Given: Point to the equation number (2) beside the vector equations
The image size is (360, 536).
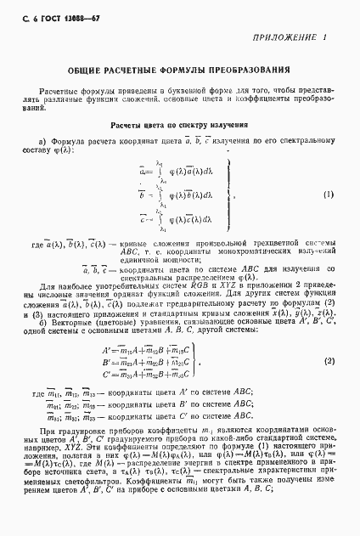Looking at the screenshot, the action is (x=329, y=337).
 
